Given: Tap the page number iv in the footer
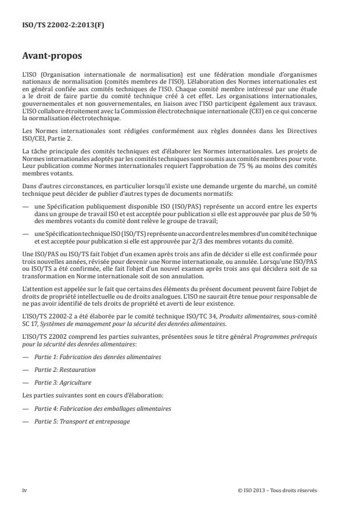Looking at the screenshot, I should click(x=24, y=490).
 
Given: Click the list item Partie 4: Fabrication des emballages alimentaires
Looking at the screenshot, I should click(x=102, y=408).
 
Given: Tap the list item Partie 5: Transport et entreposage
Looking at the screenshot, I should click(x=82, y=422).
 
